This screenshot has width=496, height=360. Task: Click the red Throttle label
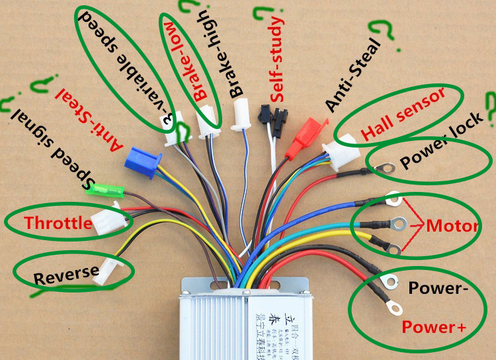point(58,223)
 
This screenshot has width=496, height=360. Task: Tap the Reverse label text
point(67,271)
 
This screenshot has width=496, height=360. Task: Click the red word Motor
point(452,226)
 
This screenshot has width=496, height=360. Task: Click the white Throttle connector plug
point(106,220)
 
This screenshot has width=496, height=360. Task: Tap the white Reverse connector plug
point(106,271)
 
